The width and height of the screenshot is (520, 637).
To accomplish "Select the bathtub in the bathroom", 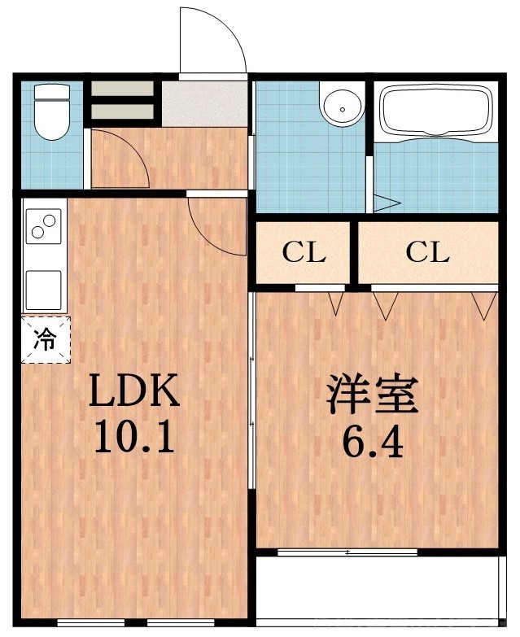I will pos(438,110).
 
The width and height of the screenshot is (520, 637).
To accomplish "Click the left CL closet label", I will pos(304,253).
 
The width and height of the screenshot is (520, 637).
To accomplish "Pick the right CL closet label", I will pos(427,253).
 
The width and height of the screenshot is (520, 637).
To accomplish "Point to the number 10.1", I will pos(133,438).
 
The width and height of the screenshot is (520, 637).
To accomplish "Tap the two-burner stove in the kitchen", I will pos(44,227).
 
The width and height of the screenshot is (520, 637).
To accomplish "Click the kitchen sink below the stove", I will pos(44,288).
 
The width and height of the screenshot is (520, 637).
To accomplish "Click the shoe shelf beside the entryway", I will pos(121,101).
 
